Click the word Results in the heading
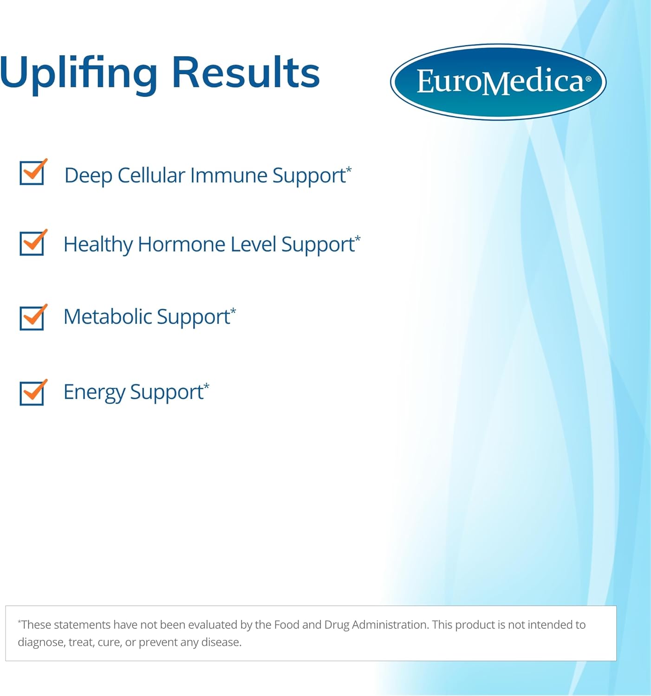click(x=246, y=73)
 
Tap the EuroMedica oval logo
click(x=498, y=82)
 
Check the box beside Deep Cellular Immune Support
click(x=32, y=173)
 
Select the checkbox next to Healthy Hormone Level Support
click(x=32, y=243)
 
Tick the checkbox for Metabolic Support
click(x=32, y=318)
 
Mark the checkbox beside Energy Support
click(x=32, y=393)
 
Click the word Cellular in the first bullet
click(x=151, y=176)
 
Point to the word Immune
click(x=228, y=176)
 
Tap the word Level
click(x=253, y=245)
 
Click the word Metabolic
click(x=108, y=317)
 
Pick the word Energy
click(x=94, y=393)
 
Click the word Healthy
click(x=98, y=245)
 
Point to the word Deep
click(x=88, y=176)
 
